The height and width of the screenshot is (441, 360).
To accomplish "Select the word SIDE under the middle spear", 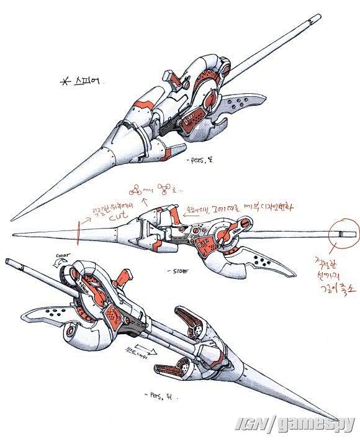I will (177, 271).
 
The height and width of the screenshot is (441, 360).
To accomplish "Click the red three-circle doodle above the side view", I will (136, 188).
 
